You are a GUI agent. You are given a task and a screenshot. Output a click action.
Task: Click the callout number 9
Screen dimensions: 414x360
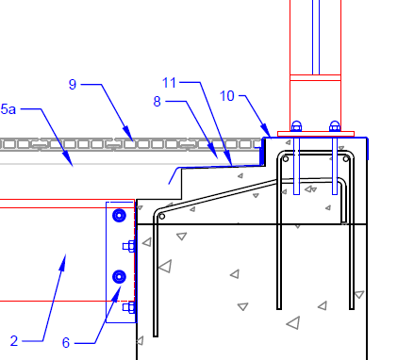[73, 84]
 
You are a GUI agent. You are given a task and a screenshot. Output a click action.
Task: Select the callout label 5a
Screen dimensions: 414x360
[8, 109]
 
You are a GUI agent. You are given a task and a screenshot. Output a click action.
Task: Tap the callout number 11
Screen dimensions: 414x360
[169, 83]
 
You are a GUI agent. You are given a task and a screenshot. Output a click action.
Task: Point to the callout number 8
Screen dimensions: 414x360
[157, 102]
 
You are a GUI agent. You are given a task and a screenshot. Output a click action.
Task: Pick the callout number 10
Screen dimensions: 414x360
[227, 96]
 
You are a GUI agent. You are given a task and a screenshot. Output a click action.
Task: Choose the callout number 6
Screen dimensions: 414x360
[66, 343]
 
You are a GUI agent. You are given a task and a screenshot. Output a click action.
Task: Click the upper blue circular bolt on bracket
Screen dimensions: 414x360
[119, 216]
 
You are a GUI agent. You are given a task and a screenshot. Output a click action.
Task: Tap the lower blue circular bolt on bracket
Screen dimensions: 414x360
[119, 277]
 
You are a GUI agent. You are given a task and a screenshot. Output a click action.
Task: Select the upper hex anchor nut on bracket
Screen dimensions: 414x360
[129, 246]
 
